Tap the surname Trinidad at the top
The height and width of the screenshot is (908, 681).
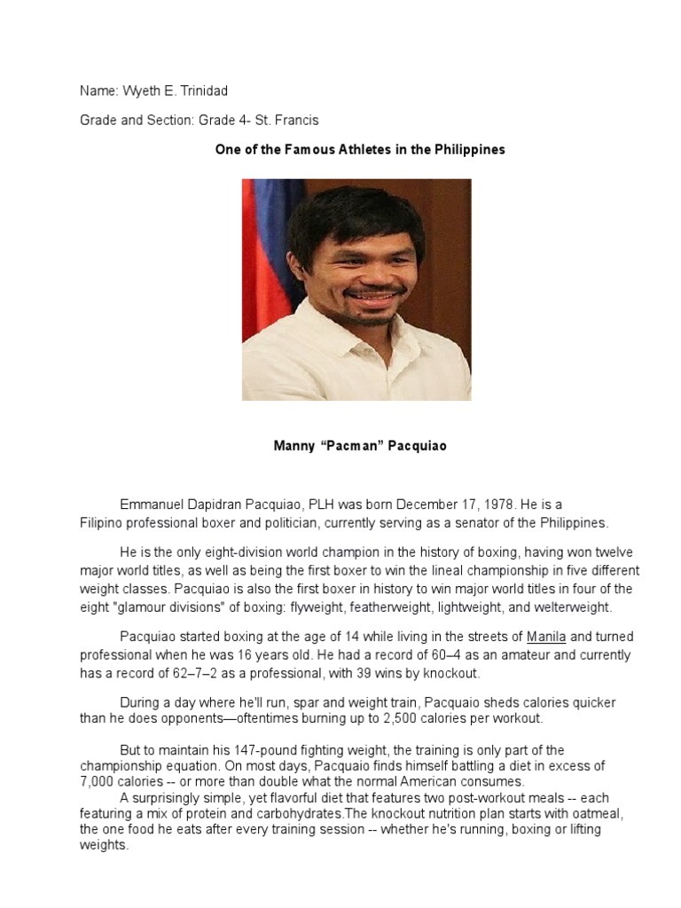click(203, 92)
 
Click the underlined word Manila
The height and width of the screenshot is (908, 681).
click(545, 637)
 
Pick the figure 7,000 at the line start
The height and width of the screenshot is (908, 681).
click(98, 781)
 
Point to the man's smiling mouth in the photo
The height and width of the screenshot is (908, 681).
click(372, 294)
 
